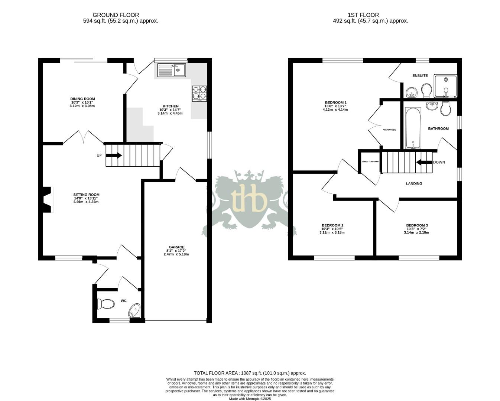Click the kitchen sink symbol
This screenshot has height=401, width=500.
171,70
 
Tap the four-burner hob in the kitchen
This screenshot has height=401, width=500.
199,94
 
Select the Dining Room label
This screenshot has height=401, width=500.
83,99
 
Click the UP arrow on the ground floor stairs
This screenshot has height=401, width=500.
114,156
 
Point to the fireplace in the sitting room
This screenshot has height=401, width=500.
47,200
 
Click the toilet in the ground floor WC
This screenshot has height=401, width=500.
105,304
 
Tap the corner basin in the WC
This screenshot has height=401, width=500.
134,310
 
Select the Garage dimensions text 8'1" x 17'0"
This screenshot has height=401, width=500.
176,251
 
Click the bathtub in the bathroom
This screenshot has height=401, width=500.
413,128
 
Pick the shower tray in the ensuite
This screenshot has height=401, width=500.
445,85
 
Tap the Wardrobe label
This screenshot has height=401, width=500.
389,130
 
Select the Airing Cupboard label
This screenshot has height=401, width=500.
370,162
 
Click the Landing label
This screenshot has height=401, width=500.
414,183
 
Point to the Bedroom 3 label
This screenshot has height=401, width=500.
416,225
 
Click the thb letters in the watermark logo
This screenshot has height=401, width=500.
249,199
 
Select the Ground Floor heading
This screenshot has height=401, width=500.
116,15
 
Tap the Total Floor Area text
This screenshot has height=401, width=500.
250,373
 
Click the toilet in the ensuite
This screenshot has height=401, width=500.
426,90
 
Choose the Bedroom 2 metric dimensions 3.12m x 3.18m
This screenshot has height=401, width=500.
332,233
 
